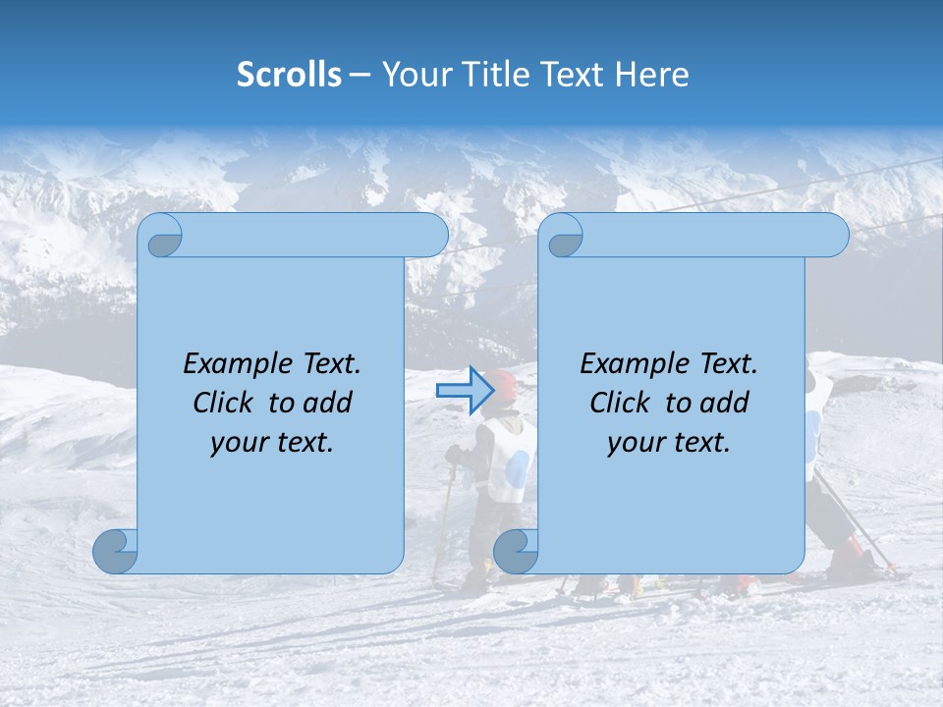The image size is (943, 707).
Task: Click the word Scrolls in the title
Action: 290,75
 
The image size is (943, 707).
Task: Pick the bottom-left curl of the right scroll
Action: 516,551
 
